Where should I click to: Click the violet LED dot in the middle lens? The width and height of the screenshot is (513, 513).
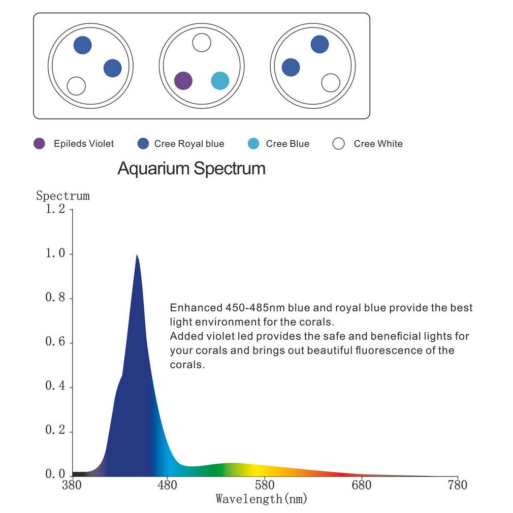[183, 80]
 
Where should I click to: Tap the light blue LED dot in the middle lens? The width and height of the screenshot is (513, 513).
[220, 80]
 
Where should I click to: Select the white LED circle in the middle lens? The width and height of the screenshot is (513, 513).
[202, 43]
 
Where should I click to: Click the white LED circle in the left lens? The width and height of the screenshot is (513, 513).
[76, 86]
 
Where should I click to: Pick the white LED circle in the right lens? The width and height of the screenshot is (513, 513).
[331, 83]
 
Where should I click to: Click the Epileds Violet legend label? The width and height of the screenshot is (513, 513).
[84, 144]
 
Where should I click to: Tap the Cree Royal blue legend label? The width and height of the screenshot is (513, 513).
[189, 144]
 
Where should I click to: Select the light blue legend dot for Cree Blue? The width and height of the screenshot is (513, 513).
[253, 143]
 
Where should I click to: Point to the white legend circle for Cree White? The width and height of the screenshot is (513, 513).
[339, 143]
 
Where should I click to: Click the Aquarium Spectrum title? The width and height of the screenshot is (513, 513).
[191, 169]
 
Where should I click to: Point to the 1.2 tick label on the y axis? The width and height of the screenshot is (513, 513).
[55, 209]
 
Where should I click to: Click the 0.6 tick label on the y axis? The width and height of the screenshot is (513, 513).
[55, 341]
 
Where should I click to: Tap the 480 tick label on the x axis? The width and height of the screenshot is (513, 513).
[167, 485]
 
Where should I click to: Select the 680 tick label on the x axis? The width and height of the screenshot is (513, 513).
[362, 485]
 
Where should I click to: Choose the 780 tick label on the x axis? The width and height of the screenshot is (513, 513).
[457, 485]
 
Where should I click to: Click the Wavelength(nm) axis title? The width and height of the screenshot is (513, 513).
[262, 499]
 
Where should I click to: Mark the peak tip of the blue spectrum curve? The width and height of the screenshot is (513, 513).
[137, 254]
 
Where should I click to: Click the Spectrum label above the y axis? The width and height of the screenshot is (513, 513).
[63, 196]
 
